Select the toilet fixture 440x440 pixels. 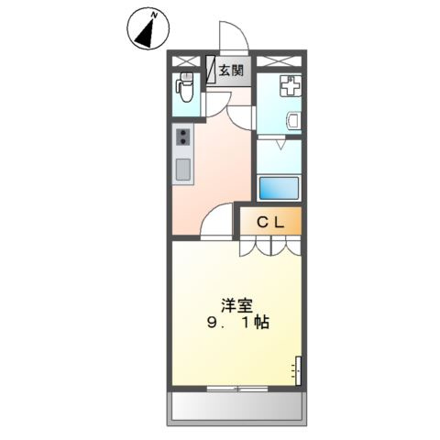click(184, 90)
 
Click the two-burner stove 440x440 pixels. click(182, 138)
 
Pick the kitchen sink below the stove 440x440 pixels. click(182, 169)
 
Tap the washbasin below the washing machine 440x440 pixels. click(292, 120)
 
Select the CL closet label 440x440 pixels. click(270, 221)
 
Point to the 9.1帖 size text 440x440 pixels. click(236, 324)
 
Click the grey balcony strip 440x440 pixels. click(236, 407)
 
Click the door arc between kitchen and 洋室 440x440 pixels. click(217, 222)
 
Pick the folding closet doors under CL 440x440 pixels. click(269, 246)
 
